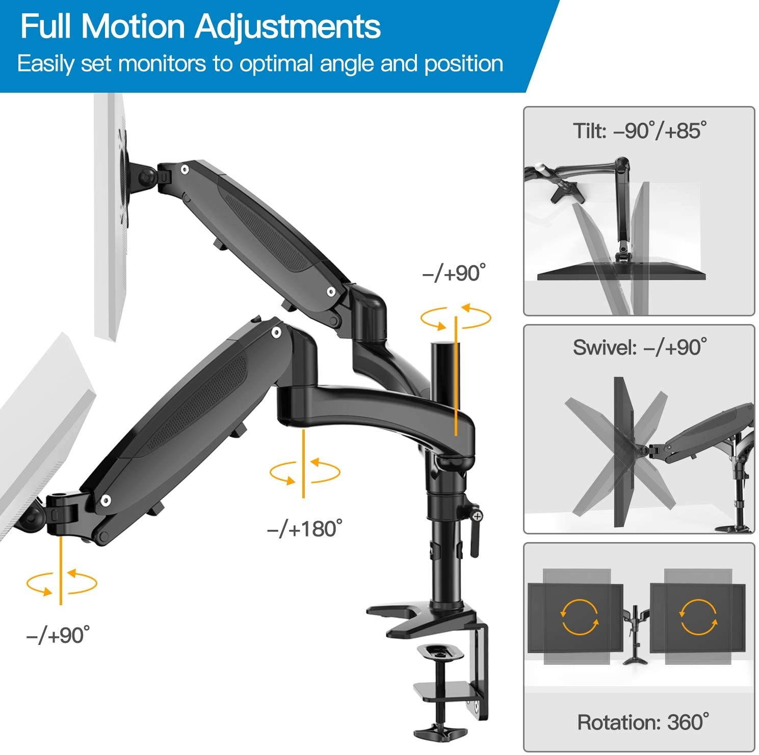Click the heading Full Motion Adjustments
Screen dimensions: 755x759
click(200, 26)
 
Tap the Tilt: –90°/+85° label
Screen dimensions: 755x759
click(639, 131)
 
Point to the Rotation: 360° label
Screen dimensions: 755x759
click(642, 721)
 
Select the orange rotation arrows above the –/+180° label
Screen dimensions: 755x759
click(304, 471)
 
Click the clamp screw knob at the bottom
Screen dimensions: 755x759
click(439, 730)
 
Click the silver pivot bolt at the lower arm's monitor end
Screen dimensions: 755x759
click(106, 500)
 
